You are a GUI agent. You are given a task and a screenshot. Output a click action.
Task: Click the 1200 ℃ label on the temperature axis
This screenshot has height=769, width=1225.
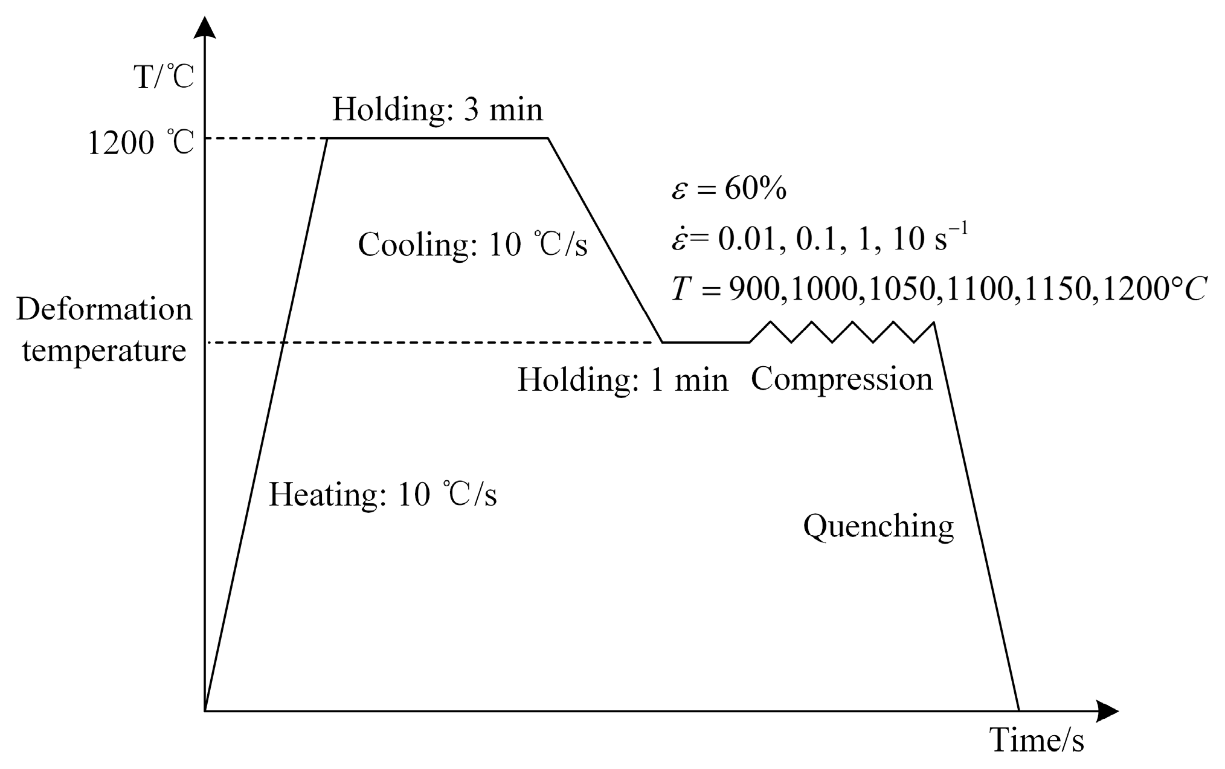point(141,144)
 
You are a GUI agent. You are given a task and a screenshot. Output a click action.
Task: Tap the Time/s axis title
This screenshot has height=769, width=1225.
point(1036,741)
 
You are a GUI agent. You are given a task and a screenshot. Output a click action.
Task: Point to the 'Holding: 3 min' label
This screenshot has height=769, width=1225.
point(437,111)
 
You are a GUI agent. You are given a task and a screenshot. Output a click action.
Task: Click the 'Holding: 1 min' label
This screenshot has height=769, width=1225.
point(623,381)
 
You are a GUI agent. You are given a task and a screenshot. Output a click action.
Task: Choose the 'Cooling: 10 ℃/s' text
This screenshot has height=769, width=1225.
point(472,245)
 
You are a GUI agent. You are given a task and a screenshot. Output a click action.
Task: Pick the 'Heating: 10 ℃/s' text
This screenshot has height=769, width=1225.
point(382,495)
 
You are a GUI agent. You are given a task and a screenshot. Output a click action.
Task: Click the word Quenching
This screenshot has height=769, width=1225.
point(878,527)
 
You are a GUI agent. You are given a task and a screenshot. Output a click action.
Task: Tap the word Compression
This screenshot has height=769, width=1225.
point(842,379)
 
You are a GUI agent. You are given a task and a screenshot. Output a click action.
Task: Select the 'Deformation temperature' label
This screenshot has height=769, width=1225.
point(104,330)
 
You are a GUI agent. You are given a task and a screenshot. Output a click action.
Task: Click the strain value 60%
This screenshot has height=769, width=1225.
point(756,190)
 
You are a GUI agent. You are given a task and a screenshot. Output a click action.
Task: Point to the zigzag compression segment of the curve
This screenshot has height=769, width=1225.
point(843,332)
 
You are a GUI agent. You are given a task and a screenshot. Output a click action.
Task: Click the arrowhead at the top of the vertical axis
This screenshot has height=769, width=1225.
point(207,27)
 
